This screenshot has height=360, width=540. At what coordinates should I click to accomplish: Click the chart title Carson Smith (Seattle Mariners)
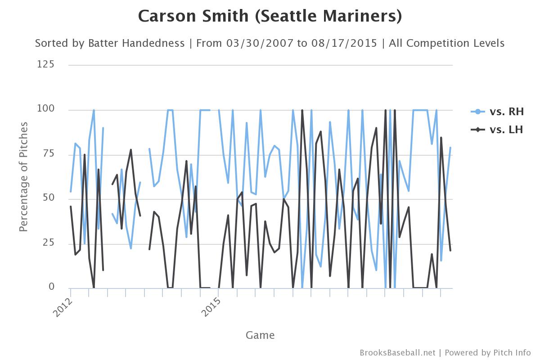270,16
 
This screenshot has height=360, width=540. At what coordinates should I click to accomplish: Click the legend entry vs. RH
507,112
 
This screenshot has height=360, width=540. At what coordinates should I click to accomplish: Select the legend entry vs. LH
506,130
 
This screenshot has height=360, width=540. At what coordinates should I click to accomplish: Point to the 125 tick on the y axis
45,64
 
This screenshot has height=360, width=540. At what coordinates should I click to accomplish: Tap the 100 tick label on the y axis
45,109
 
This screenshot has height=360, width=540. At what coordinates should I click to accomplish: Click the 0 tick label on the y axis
51,287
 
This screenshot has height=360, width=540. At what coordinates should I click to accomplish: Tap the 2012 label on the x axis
63,306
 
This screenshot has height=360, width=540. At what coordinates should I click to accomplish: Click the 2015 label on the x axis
211,306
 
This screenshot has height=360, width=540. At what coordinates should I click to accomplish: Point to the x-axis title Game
260,335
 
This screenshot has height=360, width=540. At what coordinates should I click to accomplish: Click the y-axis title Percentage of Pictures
24,176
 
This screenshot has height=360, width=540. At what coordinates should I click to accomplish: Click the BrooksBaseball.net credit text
397,352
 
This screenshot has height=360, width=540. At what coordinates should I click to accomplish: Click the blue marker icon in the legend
477,112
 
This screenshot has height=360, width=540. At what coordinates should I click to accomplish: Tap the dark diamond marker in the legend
477,130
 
